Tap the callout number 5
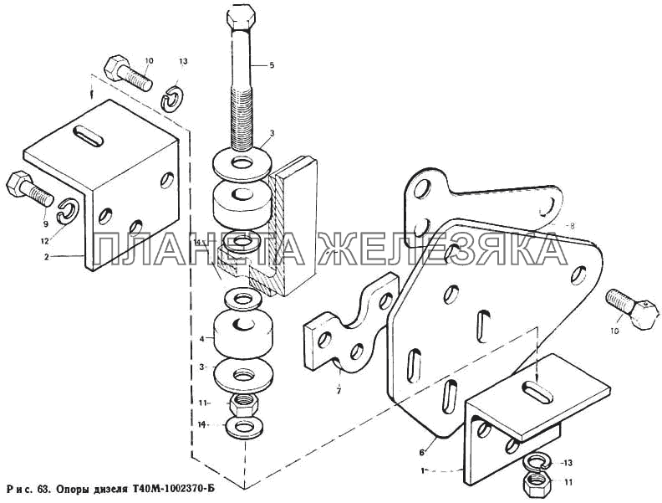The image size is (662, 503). tap(272, 65)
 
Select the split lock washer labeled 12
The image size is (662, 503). tap(68, 212)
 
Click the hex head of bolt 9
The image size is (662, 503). tap(17, 183)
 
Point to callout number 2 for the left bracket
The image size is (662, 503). tap(48, 256)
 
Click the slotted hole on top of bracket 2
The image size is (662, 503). tap(88, 136)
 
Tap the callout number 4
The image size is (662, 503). tap(201, 338)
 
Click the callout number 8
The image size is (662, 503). tap(572, 226)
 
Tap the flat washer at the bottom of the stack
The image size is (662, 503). tap(242, 428)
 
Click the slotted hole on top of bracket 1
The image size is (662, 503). tap(538, 391)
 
